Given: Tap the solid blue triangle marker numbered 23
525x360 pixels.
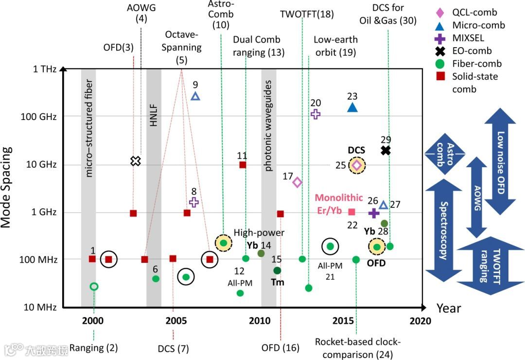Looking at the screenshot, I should pos(352,107).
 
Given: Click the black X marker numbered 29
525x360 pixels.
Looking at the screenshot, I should pos(385,151).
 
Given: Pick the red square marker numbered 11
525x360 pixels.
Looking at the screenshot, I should pos(243,165).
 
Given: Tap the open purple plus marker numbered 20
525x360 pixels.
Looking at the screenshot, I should pos(315,115).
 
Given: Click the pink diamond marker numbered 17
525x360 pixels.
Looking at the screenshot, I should pos(297,182).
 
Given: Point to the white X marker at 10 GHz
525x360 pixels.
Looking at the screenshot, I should pos(136,161).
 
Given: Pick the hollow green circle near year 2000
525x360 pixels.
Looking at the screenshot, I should pos(94,286).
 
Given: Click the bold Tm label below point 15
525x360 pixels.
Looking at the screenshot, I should pos(278,282).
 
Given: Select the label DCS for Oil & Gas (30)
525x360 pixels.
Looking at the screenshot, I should pos(388,15).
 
